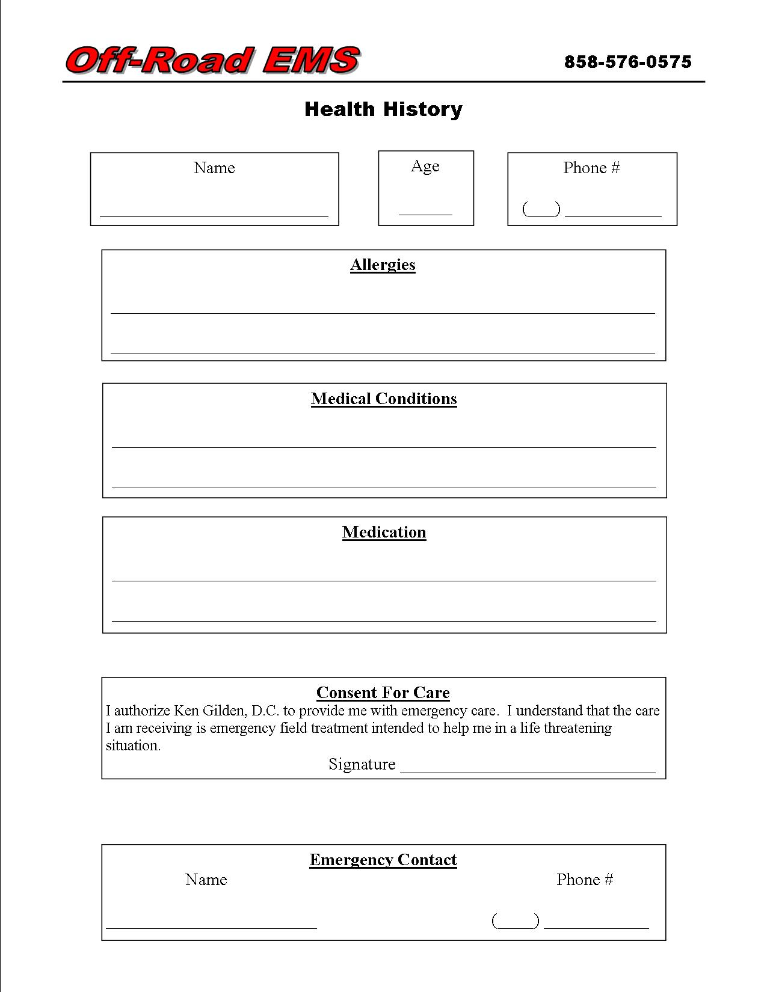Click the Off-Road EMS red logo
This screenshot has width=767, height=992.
pyautogui.click(x=213, y=61)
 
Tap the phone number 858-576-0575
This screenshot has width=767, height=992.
pyautogui.click(x=628, y=62)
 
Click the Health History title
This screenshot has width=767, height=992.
pyautogui.click(x=383, y=109)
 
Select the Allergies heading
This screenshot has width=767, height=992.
pyautogui.click(x=383, y=265)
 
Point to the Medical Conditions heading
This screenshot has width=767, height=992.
pyautogui.click(x=384, y=399)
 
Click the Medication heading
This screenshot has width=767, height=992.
pyautogui.click(x=384, y=533)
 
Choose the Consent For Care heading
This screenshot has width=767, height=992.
pyautogui.click(x=383, y=693)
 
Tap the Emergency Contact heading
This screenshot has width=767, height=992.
pyautogui.click(x=383, y=860)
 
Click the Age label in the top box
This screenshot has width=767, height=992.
pyautogui.click(x=425, y=167)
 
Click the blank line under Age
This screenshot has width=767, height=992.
pyautogui.click(x=425, y=213)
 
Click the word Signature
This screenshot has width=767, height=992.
pyautogui.click(x=362, y=764)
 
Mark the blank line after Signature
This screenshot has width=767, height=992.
pyautogui.click(x=528, y=771)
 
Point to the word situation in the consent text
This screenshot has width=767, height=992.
pyautogui.click(x=133, y=746)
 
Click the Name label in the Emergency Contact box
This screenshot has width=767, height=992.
pyautogui.click(x=206, y=880)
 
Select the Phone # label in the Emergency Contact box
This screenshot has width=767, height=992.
pyautogui.click(x=585, y=880)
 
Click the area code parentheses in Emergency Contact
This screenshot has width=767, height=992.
pyautogui.click(x=516, y=920)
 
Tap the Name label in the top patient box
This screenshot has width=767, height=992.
pyautogui.click(x=214, y=168)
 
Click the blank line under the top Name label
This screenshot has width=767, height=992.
pyautogui.click(x=214, y=215)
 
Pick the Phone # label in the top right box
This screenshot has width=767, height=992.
pyautogui.click(x=591, y=168)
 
